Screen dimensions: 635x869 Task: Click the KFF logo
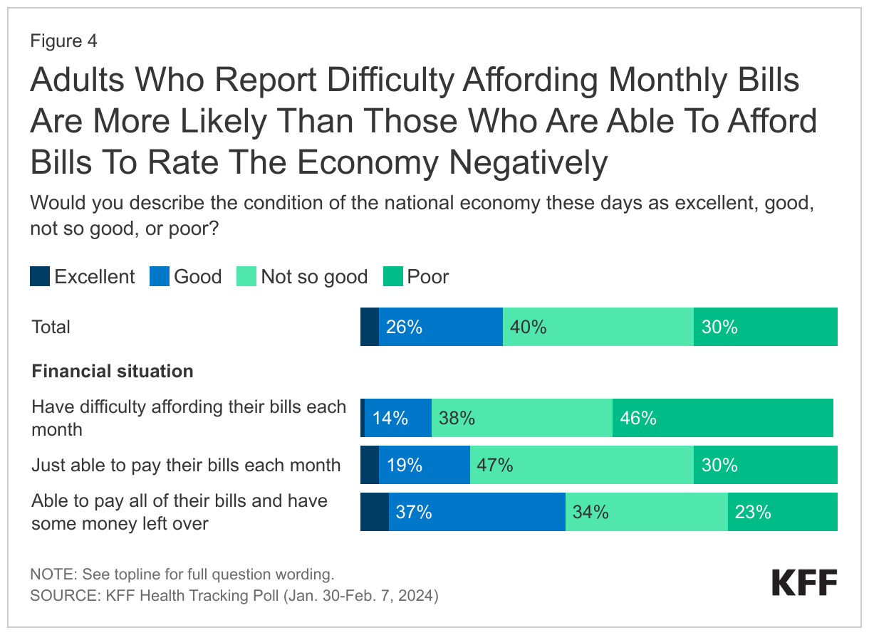point(804,583)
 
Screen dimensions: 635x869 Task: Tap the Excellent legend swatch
point(40,276)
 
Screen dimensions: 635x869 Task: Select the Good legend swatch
point(159,276)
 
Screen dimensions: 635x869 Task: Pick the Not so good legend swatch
point(246,276)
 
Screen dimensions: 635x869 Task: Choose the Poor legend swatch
point(393,276)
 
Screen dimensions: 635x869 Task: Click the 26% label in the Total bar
point(404,327)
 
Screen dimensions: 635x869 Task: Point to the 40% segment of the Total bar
point(598,327)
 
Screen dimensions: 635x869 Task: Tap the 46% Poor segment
point(722,418)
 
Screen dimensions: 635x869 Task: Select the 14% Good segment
point(397,418)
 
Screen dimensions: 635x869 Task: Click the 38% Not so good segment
point(521,418)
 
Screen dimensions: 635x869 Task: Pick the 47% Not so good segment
point(581,465)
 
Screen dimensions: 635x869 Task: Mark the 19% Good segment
point(424,465)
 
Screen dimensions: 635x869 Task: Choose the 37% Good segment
point(477,512)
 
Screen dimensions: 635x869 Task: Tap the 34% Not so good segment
point(646,512)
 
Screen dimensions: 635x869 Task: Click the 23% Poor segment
point(782,512)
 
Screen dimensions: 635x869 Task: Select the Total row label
point(51,327)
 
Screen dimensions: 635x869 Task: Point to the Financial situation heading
point(113,371)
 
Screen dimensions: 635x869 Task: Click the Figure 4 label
point(63,41)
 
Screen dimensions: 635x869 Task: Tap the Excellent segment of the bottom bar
point(374,512)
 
